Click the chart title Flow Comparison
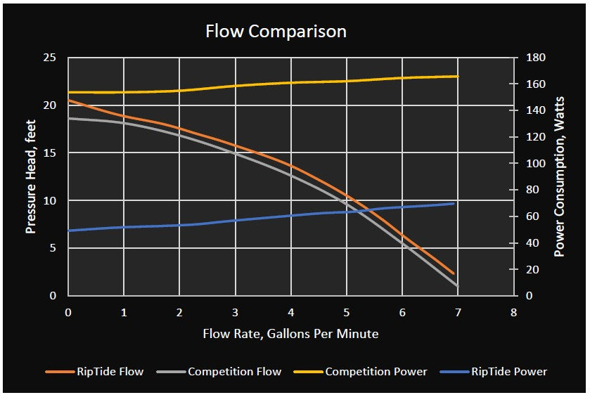pos(276,32)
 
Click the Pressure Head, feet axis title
pos(30,176)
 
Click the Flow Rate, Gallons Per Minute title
pos(290,334)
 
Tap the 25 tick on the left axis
pos(49,58)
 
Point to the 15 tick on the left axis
pos(49,153)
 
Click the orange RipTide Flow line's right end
pos(454,273)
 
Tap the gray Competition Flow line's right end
pos(458,286)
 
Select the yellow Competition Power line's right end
pos(458,76)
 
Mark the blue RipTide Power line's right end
pos(454,203)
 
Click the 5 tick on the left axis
pos(52,248)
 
